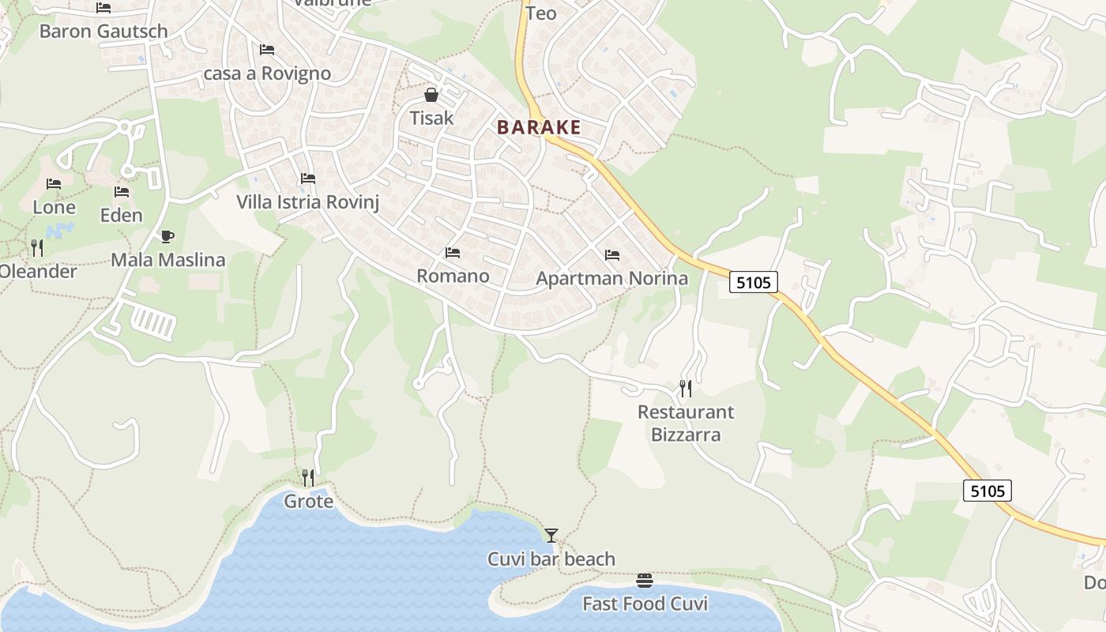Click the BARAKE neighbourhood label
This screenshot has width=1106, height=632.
point(539,127)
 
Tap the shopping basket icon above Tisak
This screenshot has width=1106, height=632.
point(431,96)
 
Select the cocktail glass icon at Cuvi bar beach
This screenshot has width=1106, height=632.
point(551,536)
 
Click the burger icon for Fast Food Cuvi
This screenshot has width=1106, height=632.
point(645,581)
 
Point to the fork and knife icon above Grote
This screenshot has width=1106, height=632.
point(308,477)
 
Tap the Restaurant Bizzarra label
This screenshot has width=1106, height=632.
point(686,423)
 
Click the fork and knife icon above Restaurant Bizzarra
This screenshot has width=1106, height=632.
point(686,388)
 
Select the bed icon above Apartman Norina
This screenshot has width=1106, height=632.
point(612,255)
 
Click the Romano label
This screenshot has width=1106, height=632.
point(453,276)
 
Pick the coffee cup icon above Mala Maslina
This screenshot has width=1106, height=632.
point(167,236)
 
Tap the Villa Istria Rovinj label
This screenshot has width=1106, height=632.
point(308,202)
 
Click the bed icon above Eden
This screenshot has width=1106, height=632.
point(122,192)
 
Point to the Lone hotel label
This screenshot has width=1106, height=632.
point(54,207)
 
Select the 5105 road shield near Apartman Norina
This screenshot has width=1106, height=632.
point(753,282)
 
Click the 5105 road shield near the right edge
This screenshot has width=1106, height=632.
point(987,491)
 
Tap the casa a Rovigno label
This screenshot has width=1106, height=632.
point(267,73)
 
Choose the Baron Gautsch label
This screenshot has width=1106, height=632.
point(103,32)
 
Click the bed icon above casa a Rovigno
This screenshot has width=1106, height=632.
point(267,50)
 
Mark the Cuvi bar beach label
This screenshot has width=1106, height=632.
point(551,559)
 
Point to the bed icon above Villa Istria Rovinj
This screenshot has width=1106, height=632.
point(308,179)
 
